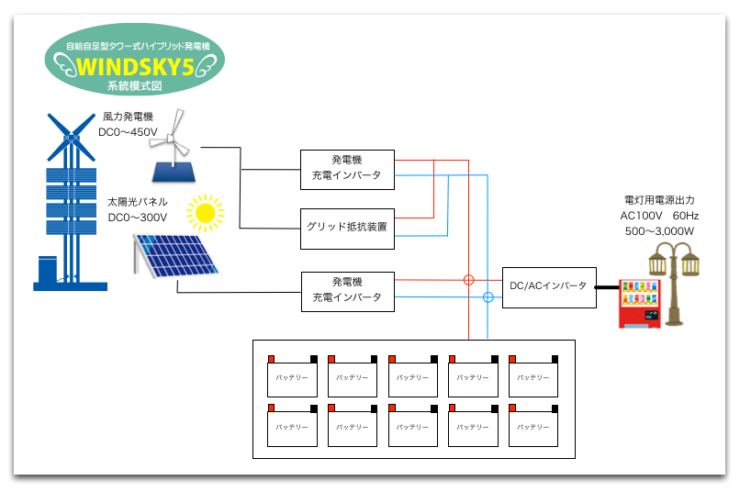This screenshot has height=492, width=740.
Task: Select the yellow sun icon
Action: pos(205,213)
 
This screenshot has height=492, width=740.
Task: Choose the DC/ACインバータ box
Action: pos(547,285)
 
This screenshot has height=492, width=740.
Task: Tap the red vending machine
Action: pos(641,304)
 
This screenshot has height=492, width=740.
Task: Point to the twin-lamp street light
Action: pos(678,280)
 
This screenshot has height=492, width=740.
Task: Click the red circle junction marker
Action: pos(468,279)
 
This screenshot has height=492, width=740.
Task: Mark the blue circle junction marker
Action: pos(488,297)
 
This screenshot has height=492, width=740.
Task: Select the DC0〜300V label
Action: pos(137,217)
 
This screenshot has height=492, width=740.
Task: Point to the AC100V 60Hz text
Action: pos(659,215)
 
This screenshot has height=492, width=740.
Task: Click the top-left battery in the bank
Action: pos(291,376)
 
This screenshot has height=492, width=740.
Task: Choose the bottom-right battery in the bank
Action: pos(533,427)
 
